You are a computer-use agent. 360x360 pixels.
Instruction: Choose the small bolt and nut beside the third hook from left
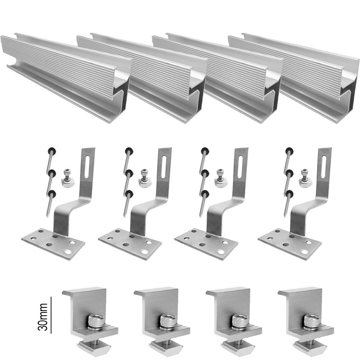[x=219, y=178]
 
